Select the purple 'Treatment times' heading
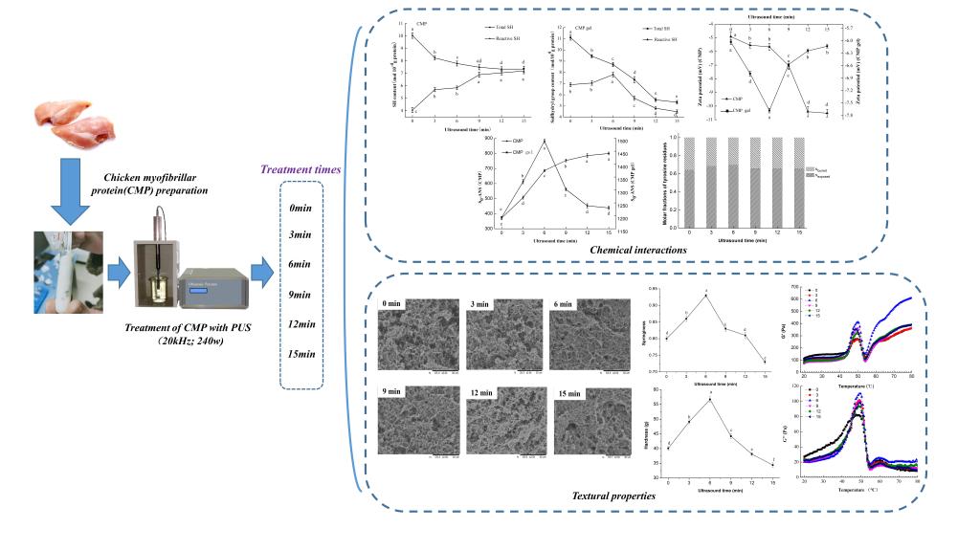click(298, 169)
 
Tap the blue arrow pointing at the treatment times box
click(260, 277)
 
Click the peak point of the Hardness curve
click(709, 398)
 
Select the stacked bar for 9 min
click(753, 181)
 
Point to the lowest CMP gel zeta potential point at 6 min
click(769, 111)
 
